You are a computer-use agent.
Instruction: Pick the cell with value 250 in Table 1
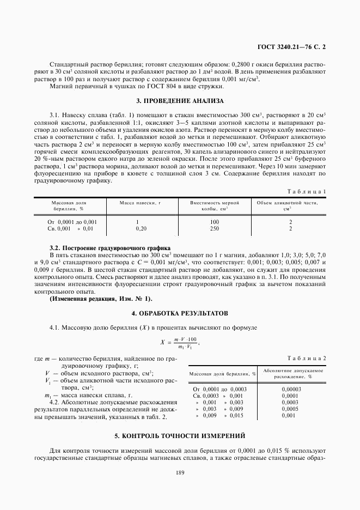214,229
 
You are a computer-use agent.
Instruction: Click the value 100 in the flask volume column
214,222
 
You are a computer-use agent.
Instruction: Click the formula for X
179,343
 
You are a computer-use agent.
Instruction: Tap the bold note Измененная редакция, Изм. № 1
101,298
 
